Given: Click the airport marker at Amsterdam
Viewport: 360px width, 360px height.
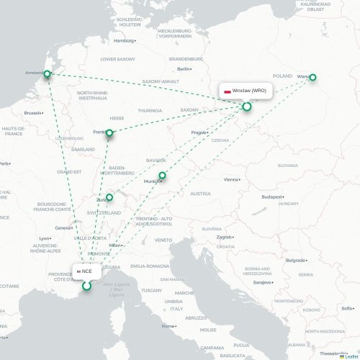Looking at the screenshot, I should coord(48,74).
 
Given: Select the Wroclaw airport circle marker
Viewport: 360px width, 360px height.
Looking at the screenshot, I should coord(247,107).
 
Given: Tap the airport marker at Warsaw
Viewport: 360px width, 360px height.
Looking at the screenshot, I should coord(312,78).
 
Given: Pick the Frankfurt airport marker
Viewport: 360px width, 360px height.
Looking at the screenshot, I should coord(109,133).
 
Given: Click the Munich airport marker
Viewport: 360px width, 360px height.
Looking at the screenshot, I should coord(162,175).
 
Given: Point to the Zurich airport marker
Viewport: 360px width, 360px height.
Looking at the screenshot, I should coord(109,197).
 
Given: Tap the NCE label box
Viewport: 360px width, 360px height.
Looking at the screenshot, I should coord(85,271).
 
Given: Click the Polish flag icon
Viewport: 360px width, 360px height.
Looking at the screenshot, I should coord(228,91).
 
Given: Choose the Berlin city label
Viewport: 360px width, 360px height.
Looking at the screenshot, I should coord(183,68).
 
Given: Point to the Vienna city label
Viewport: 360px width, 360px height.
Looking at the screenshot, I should coord(230,179).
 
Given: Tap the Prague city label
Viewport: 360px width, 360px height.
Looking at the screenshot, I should coord(199,133).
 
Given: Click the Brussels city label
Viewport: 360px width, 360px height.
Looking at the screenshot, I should coord(33,113).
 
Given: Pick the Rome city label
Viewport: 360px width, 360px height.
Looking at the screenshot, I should coord(169,326).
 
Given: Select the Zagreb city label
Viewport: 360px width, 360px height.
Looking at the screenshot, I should coord(225,236).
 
